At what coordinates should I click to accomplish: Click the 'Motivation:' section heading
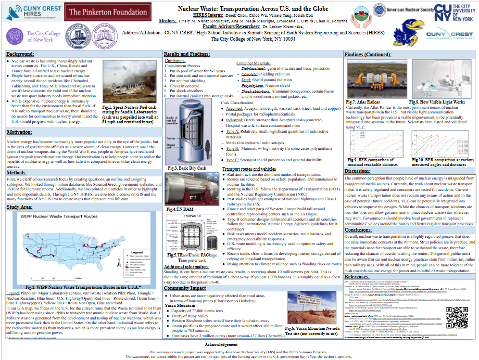pyautogui.click(x=19, y=132)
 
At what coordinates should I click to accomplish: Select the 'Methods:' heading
pyautogui.click(x=17, y=172)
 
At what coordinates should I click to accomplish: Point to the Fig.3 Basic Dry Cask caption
pyautogui.click(x=186, y=169)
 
